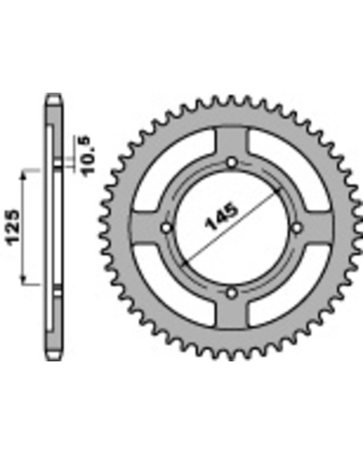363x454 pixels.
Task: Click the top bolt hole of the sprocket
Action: coord(232,163)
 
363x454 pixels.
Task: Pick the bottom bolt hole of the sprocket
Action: coord(232,293)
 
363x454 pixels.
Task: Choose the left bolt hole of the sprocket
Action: coord(166,228)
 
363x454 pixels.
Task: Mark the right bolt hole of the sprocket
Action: coord(297,228)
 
